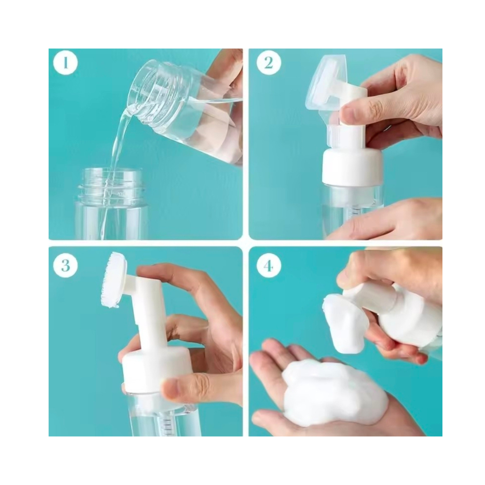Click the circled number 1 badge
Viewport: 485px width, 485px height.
click(65, 63)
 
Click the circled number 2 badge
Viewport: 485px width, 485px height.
click(269, 63)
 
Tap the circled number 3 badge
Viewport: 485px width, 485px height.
click(65, 266)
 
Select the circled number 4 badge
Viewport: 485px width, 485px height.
click(269, 266)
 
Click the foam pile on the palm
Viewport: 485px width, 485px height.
click(334, 391)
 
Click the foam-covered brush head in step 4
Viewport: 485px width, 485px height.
click(345, 322)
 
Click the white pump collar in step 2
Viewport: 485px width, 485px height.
click(352, 166)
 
